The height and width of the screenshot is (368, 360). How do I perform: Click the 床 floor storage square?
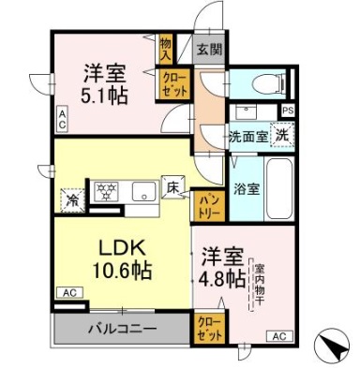(172, 186)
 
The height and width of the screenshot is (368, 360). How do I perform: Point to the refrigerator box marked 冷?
(71, 199)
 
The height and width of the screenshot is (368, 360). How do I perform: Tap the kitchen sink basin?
(142, 192)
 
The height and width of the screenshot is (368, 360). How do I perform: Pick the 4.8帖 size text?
(223, 278)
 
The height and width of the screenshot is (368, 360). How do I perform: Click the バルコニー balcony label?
(122, 329)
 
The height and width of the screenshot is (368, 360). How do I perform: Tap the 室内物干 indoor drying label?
(260, 280)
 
